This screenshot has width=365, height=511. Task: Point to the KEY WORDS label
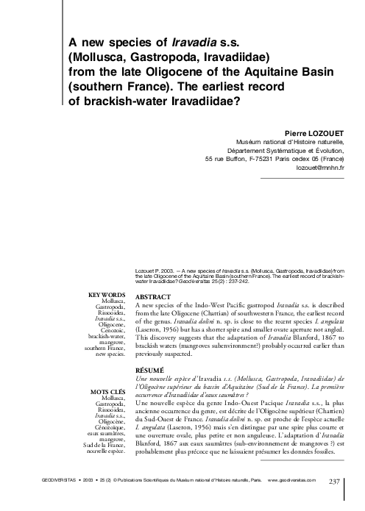107,296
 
